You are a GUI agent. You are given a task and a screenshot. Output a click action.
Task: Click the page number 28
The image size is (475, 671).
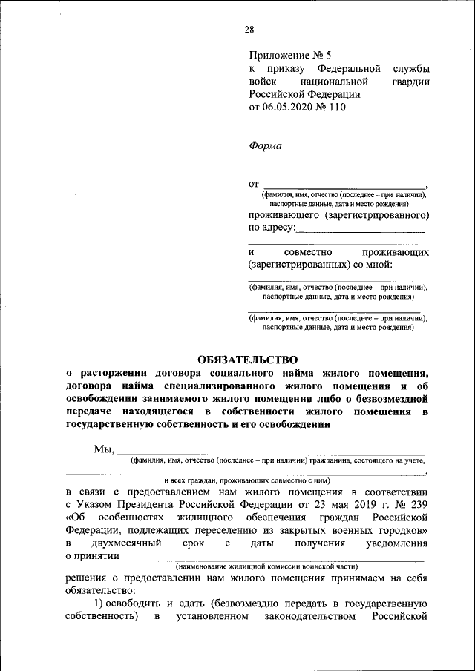249,30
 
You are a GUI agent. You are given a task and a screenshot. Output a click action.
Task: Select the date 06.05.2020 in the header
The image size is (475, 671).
288,107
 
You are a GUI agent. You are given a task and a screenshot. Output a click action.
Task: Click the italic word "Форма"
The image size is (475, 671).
265,146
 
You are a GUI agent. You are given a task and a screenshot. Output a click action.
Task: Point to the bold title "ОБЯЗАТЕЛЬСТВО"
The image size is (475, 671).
247,359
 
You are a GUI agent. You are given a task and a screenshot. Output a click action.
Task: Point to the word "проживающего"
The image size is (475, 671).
282,215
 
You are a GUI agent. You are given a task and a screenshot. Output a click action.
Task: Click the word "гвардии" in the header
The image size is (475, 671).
410,81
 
